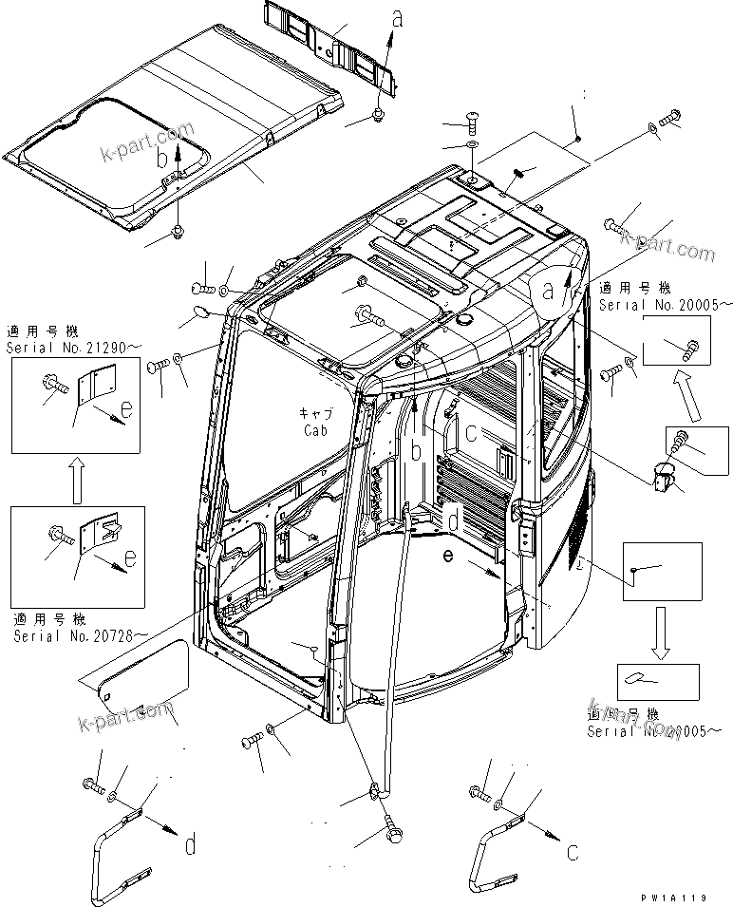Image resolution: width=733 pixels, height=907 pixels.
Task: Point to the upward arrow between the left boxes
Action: coord(77,479)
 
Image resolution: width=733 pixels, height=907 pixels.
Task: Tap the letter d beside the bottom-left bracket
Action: coord(192,842)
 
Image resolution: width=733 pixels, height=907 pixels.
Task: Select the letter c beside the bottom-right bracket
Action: coord(571,852)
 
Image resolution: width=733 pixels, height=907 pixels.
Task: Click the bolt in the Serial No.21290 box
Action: coord(56,386)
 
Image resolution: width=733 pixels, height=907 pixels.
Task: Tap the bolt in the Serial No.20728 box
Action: coord(57,537)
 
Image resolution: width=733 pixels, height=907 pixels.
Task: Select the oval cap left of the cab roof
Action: coord(191,313)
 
